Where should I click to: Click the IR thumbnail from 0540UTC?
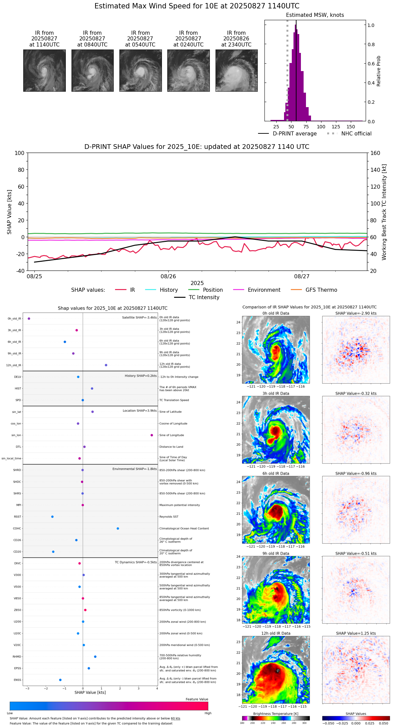[140, 70]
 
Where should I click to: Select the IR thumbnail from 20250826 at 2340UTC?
[236, 70]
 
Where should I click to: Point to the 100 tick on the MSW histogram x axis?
[321, 127]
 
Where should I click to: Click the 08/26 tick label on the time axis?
[168, 277]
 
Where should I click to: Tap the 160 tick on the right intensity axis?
[375, 153]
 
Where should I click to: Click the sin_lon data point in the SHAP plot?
[152, 435]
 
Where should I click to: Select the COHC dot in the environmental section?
[118, 528]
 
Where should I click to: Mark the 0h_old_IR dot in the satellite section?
[29, 318]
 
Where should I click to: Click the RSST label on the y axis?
[17, 517]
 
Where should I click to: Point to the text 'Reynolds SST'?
[169, 517]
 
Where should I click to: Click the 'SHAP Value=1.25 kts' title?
[356, 633]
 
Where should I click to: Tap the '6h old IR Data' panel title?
[276, 473]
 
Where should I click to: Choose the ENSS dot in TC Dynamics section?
[60, 680]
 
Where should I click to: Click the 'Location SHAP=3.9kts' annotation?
[140, 411]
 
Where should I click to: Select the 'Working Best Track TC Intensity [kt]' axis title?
[384, 212]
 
